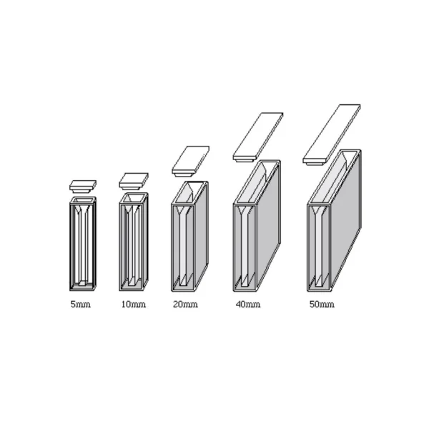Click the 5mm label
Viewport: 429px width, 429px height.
(80, 305)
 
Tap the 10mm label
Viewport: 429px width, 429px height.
(134, 305)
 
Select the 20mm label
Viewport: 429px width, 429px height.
(185, 305)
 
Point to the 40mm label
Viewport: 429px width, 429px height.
(248, 305)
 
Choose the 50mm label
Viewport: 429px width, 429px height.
(322, 305)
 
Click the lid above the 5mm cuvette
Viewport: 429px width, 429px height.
(83, 186)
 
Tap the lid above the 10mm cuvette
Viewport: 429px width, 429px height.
(134, 181)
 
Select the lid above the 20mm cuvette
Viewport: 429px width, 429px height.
(191, 161)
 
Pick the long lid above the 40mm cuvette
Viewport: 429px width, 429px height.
(258, 137)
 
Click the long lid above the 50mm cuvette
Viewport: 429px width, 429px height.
(331, 134)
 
